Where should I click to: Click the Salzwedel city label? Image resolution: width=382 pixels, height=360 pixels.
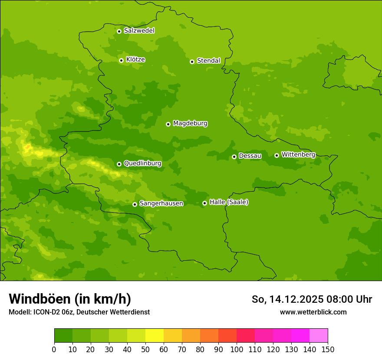(139, 31)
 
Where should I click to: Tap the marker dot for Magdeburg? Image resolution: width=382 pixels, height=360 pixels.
(168, 124)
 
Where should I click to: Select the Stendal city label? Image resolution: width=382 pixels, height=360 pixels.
(208, 61)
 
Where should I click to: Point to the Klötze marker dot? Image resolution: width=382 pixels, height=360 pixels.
(121, 60)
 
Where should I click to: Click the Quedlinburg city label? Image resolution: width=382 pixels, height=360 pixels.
(142, 164)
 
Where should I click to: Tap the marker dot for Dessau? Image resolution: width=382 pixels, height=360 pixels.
(234, 157)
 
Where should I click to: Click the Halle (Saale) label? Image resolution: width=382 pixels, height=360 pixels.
(229, 202)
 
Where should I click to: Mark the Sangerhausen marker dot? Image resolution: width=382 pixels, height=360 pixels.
(135, 204)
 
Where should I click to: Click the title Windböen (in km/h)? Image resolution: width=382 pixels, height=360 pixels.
(70, 299)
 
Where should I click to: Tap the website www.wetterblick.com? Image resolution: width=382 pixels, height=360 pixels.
(313, 312)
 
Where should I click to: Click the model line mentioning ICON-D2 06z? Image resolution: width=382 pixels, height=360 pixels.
(79, 312)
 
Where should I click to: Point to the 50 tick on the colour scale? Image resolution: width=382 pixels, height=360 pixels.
(145, 349)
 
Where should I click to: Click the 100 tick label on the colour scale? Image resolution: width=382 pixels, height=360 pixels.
(237, 349)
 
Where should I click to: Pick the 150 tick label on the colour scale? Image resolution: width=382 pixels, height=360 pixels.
(328, 349)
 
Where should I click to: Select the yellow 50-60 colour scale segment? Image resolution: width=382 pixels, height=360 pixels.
(155, 335)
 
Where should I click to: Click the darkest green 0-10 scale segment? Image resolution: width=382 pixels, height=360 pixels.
(63, 335)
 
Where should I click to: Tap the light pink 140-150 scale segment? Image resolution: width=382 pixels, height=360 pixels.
(319, 335)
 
